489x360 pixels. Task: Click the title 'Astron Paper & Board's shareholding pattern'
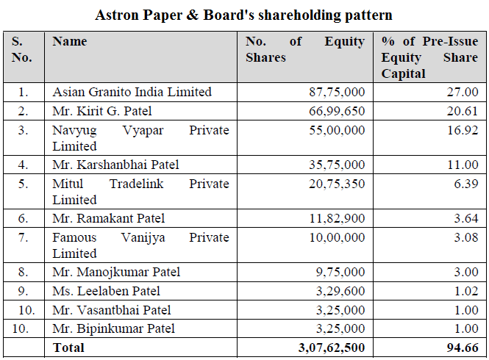[244, 15]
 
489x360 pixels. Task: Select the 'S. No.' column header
[22, 48]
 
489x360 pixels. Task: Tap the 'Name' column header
[69, 42]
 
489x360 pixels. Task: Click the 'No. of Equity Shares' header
[304, 48]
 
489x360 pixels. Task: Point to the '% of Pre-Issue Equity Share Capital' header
[430, 57]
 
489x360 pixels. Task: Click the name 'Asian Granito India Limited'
[132, 92]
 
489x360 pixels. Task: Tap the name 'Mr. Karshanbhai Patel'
[115, 165]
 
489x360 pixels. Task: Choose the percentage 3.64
[465, 218]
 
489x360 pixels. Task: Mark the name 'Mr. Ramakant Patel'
[108, 218]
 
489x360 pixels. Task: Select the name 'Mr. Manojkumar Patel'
[116, 272]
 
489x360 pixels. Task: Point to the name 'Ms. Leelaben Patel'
[106, 291]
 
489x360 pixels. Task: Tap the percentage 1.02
[465, 291]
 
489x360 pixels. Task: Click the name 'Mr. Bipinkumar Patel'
[114, 328]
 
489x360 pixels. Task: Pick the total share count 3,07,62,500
[330, 347]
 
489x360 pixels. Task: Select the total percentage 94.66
[462, 347]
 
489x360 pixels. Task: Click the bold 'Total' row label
[68, 347]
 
